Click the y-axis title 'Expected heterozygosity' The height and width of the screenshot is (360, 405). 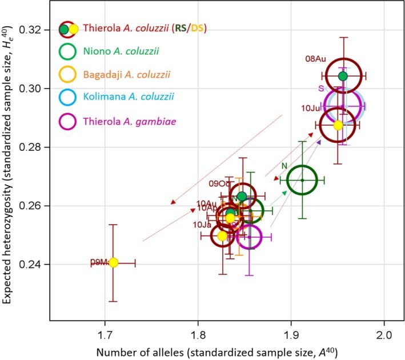[x=10, y=171]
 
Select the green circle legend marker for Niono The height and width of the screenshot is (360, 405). [x=68, y=51]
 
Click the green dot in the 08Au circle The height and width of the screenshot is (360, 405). [x=343, y=76]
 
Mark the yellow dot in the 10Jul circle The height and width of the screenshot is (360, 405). [x=338, y=125]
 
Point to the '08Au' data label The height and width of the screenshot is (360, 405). [x=316, y=58]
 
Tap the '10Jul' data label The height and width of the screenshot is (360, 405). [x=312, y=107]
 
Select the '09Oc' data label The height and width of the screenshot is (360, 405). [x=219, y=184]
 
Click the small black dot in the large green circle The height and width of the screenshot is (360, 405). [x=302, y=180]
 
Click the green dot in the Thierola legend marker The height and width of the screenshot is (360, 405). [x=64, y=29]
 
